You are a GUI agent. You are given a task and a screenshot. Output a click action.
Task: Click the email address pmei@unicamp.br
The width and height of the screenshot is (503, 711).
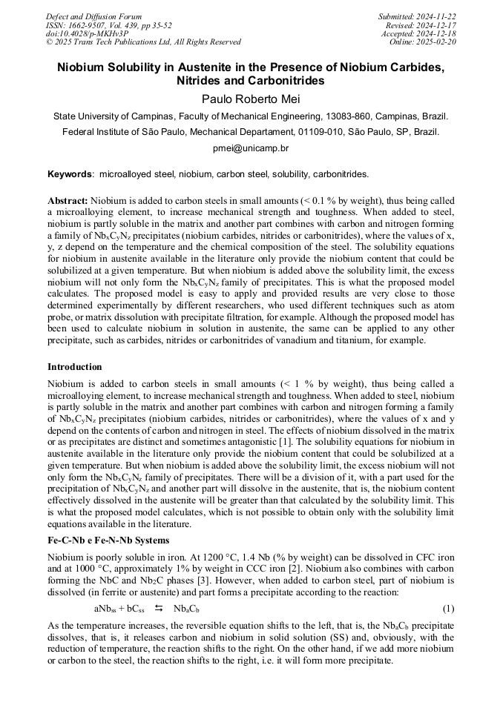click(251, 148)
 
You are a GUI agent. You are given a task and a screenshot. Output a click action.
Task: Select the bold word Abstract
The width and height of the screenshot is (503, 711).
click(68, 201)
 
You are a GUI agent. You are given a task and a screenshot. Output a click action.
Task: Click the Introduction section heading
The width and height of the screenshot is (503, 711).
click(75, 367)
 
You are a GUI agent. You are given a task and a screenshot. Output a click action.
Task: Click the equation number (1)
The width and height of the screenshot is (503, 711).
click(448, 609)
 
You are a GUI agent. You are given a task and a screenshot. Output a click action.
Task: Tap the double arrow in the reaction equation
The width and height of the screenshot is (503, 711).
click(158, 609)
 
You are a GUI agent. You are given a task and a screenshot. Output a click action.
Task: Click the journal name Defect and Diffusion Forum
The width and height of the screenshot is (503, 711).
click(93, 16)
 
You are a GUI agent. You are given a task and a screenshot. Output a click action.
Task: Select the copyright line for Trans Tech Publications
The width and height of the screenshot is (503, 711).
click(143, 42)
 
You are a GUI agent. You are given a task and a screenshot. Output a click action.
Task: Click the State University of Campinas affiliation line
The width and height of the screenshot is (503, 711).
click(251, 116)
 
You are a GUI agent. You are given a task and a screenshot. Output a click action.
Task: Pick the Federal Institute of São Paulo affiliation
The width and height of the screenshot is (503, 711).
click(251, 132)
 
